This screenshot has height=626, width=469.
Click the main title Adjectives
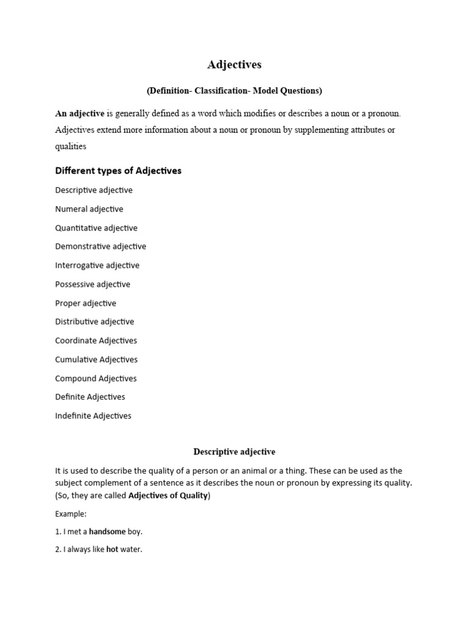[234, 64]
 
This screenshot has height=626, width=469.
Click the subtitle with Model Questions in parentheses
[234, 90]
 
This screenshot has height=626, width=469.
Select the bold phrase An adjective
[80, 114]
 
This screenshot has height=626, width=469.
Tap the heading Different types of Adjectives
[118, 171]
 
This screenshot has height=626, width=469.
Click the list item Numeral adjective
[89, 209]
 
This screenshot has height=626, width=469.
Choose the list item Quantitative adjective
[96, 228]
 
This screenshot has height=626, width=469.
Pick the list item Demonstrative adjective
[101, 246]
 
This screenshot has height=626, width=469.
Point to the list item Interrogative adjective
[97, 265]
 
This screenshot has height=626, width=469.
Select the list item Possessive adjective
[93, 284]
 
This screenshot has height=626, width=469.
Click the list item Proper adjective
[85, 303]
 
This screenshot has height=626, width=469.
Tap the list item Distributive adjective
[95, 322]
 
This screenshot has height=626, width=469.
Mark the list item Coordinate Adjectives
[96, 341]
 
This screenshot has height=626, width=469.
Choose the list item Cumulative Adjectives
[96, 359]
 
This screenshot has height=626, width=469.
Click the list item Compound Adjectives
[96, 378]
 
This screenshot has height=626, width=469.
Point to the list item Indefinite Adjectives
[93, 416]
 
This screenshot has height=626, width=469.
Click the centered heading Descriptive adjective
[234, 452]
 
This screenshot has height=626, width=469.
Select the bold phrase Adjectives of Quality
[168, 496]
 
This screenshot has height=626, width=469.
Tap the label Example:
[71, 514]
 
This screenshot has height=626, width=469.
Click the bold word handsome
[107, 532]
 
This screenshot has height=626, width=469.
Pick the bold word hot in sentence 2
[112, 550]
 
